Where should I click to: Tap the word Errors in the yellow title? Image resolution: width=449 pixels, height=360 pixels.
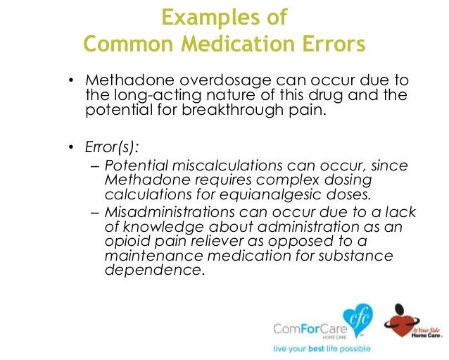coord(330,44)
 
